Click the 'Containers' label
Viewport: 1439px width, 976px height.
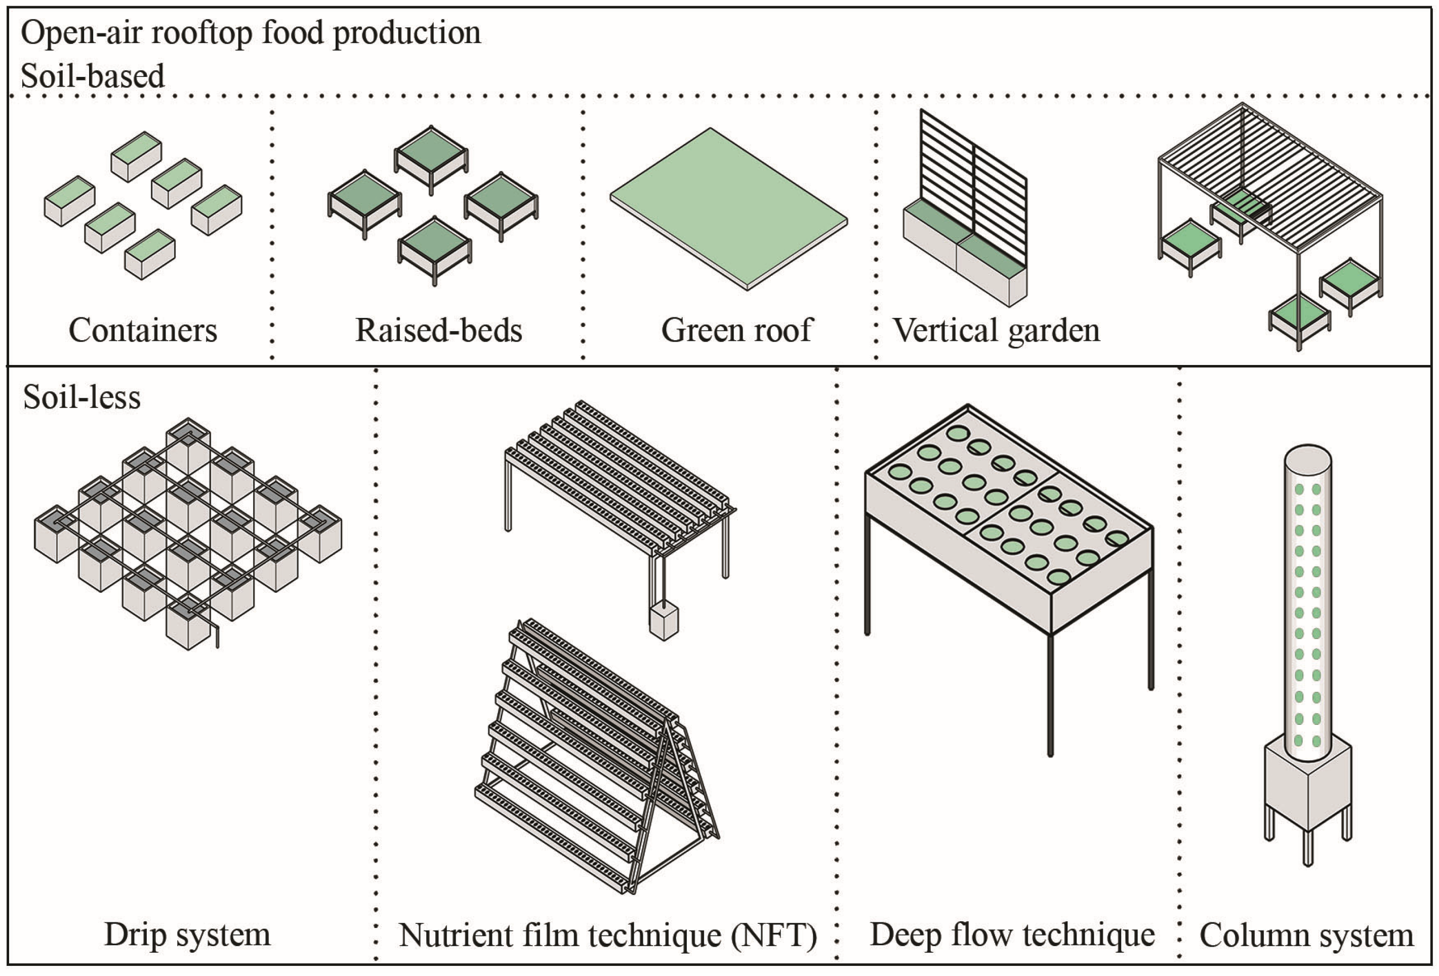[143, 330]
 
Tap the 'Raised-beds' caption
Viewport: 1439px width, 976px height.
[438, 330]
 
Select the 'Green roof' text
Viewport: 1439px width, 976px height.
[736, 330]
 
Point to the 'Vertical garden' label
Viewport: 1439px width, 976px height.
[996, 330]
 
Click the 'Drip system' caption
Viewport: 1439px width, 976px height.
[187, 934]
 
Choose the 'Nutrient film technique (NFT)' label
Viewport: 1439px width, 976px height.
[607, 935]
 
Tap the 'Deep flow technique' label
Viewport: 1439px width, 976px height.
[1012, 934]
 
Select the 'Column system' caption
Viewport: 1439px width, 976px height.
[1306, 935]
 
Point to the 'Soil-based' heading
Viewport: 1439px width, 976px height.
[93, 76]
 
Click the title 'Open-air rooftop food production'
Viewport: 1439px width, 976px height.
[251, 32]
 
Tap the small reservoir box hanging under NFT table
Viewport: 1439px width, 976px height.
[664, 622]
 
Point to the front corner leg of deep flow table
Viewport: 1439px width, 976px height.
[1050, 694]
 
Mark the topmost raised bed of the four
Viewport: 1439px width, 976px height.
[431, 155]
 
